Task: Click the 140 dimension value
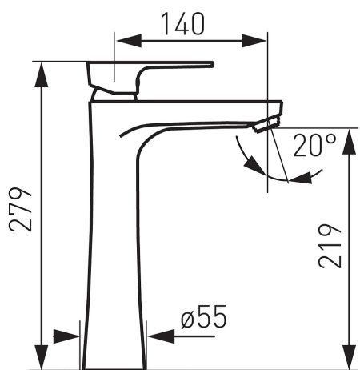(x=184, y=24)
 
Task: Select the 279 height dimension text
(x=20, y=209)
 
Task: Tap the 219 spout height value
(x=330, y=246)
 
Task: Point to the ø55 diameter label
(x=203, y=317)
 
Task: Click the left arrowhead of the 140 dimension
(x=129, y=41)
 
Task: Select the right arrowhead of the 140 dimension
(x=254, y=41)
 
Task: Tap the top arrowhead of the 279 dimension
(x=42, y=74)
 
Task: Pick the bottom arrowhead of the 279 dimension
(x=42, y=357)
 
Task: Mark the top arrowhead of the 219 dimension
(x=349, y=142)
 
